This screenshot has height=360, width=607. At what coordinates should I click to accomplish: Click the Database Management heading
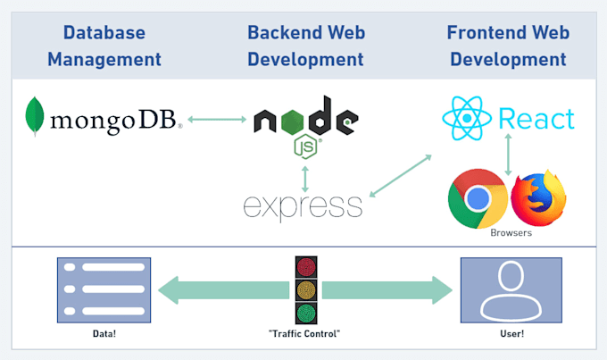(104, 46)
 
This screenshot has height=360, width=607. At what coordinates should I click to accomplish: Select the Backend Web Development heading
(305, 46)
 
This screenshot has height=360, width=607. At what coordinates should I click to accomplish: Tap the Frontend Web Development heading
(508, 46)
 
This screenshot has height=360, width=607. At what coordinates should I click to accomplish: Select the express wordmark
(303, 206)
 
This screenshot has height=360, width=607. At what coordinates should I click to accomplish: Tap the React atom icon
(465, 120)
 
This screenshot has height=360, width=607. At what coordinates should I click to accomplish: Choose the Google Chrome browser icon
(478, 197)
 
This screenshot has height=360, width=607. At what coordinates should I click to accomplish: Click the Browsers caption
(511, 233)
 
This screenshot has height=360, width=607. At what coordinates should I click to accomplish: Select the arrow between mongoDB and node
(217, 119)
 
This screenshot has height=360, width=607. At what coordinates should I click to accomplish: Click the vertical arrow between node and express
(305, 176)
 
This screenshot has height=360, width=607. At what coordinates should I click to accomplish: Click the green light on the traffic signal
(306, 314)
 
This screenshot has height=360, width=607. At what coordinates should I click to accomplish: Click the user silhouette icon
(511, 289)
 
